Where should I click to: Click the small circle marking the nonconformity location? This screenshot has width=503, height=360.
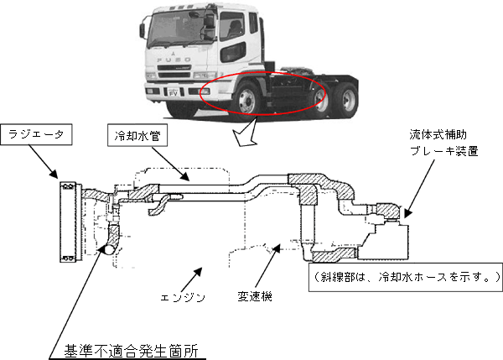[x=107, y=249]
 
